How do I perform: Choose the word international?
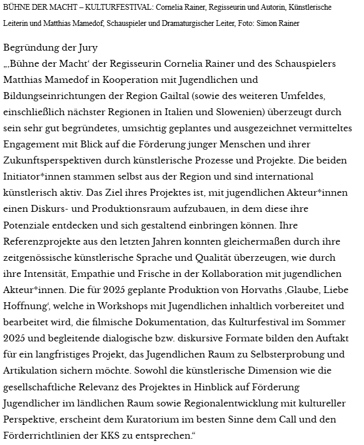coord(279,176)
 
